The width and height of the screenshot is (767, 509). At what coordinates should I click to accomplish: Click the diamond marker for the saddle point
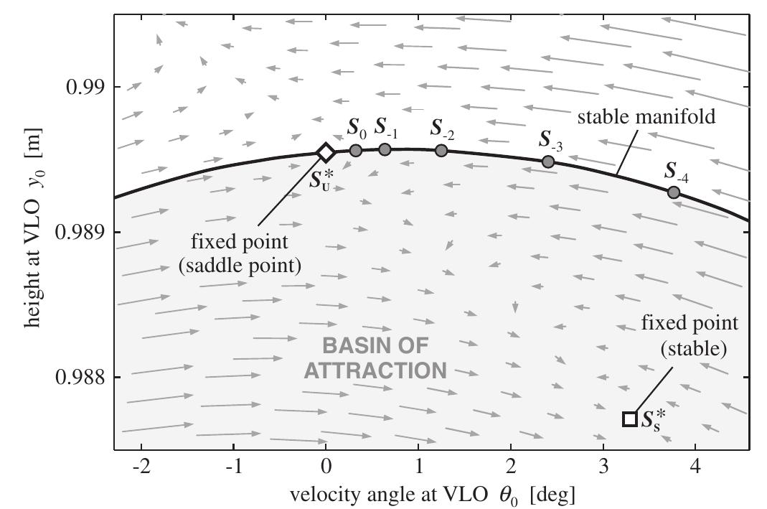pos(326,152)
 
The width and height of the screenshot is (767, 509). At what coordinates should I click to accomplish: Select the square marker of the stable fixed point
pos(629,419)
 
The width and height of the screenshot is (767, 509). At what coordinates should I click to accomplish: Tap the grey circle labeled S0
pos(356,150)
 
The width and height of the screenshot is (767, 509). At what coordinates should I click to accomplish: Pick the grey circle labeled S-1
pos(385,149)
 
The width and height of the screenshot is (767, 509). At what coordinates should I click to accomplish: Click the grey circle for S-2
pos(441,150)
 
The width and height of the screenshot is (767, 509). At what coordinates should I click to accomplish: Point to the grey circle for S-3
pos(548,162)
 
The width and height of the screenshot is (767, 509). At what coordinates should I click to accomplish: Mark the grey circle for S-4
pos(674,192)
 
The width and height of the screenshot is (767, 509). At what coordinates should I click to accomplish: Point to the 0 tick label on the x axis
pos(326,466)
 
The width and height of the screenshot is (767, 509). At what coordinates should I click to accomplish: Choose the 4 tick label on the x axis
pos(695,466)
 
